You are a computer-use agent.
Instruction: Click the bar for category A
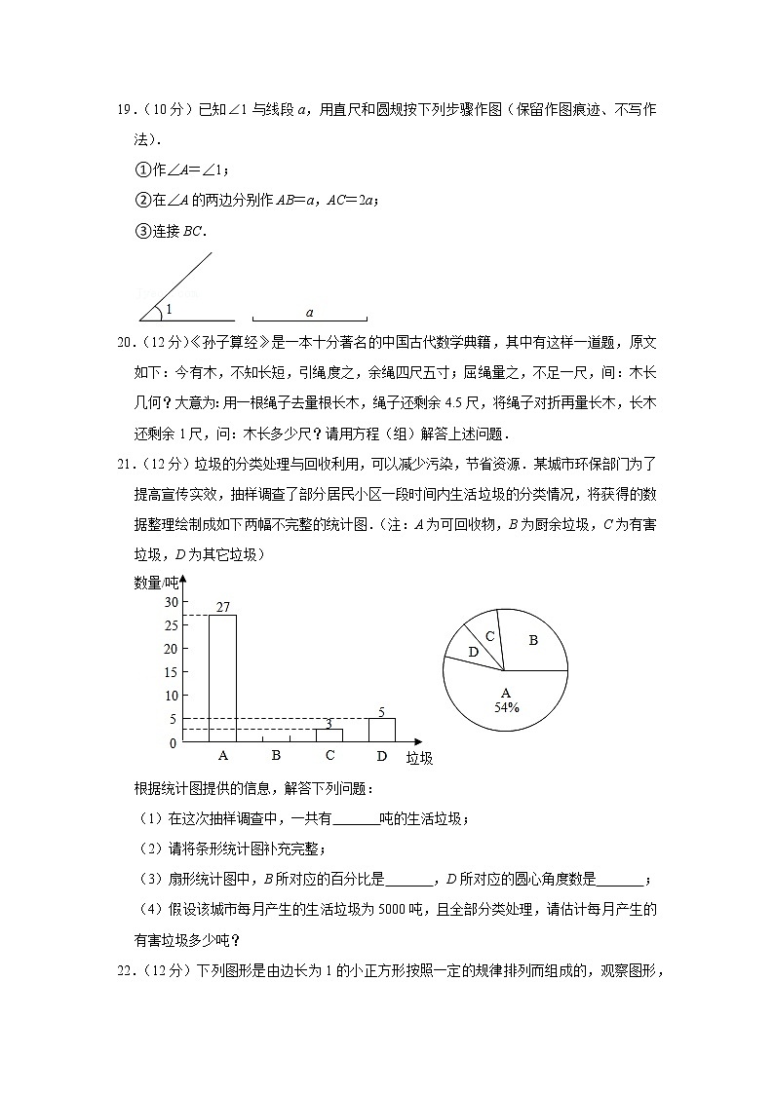(x=222, y=678)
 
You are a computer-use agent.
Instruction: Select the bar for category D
(x=381, y=730)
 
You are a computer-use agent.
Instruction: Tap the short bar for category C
(x=329, y=736)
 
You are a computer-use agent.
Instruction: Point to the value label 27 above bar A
(x=222, y=607)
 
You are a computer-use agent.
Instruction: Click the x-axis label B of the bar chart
(x=276, y=756)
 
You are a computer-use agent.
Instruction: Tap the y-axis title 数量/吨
(x=156, y=583)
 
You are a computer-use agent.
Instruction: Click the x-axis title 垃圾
(x=419, y=758)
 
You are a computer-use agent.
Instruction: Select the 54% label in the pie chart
(x=506, y=708)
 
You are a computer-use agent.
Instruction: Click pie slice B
(x=533, y=641)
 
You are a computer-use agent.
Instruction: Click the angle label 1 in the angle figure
(x=168, y=310)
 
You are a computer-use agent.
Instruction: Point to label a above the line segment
(x=309, y=313)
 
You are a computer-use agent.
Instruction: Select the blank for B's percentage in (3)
(x=409, y=879)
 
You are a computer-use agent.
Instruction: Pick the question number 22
(x=125, y=970)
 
